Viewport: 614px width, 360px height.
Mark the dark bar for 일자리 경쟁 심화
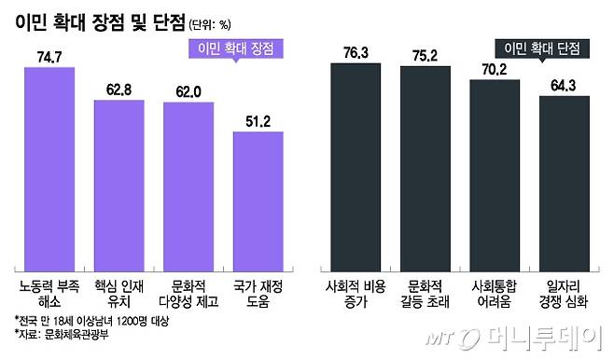(x=564, y=183)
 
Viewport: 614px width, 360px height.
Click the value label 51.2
(x=257, y=121)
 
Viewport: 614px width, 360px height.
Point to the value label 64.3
(x=564, y=86)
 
